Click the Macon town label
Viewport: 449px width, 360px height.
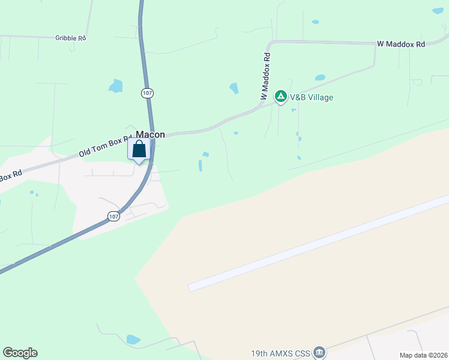[150, 135]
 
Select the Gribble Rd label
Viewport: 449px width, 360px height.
[71, 38]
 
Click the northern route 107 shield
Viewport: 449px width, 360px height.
[148, 93]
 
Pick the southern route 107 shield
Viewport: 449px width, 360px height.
[113, 216]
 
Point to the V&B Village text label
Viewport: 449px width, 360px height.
[312, 97]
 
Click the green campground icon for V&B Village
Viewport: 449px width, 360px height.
[280, 96]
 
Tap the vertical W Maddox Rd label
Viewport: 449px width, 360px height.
[265, 76]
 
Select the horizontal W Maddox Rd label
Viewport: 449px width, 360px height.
[401, 44]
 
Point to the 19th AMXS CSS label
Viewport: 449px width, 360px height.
[281, 353]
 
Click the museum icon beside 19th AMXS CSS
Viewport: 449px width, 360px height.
[319, 352]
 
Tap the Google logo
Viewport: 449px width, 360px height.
[20, 353]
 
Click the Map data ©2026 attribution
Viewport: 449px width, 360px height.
[423, 355]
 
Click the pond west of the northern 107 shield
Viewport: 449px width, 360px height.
[115, 86]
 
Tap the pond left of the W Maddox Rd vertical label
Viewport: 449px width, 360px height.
[234, 88]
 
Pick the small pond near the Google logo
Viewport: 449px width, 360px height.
[133, 340]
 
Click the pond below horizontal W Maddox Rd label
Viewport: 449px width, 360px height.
[320, 77]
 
